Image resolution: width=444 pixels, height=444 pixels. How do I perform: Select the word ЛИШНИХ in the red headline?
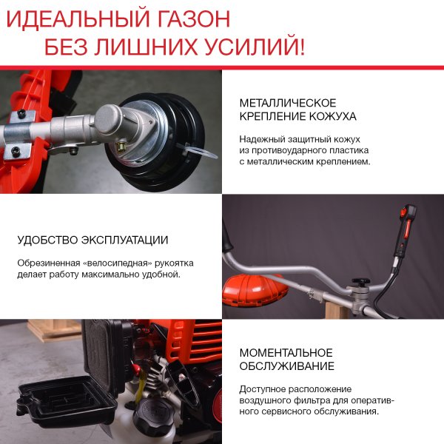coord(144,47)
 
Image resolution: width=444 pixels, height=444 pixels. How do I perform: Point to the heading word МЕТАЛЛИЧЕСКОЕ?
coord(288,103)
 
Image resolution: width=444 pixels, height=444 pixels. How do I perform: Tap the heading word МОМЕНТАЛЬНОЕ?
coord(286,352)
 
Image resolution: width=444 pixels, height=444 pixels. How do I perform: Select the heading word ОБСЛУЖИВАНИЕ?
coord(286,366)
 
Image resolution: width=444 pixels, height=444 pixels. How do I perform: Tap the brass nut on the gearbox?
coord(118,147)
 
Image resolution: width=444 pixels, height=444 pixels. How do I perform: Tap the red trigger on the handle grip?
coord(403,215)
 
